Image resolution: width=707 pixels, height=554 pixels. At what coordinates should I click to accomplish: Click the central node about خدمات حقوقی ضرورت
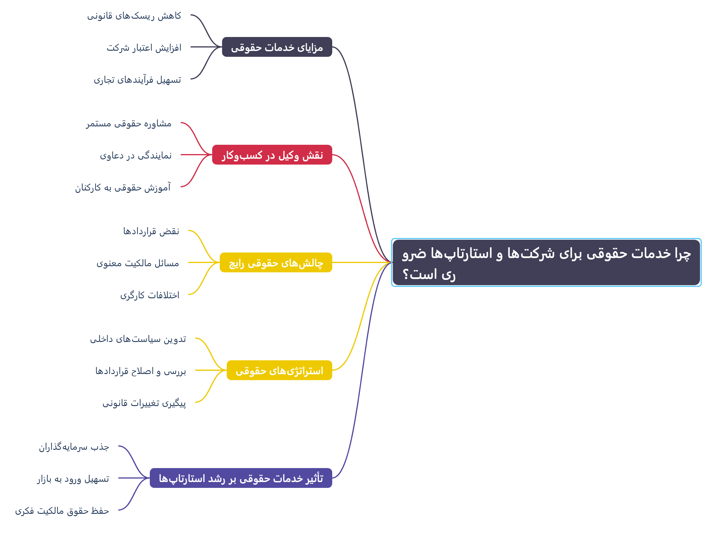pyautogui.click(x=546, y=262)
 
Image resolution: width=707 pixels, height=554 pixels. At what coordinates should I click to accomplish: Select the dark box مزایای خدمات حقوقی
pyautogui.click(x=277, y=47)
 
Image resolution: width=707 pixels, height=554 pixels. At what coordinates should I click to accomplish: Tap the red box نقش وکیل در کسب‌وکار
pyautogui.click(x=272, y=155)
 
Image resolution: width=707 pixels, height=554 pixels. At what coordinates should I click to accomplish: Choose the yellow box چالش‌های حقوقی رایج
pyautogui.click(x=276, y=262)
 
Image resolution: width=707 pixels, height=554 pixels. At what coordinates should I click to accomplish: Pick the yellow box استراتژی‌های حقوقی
pyautogui.click(x=279, y=370)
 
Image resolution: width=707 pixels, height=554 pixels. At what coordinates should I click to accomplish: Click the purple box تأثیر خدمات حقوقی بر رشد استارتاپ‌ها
pyautogui.click(x=241, y=478)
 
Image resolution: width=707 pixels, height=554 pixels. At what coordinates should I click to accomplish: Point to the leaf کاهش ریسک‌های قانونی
pyautogui.click(x=134, y=15)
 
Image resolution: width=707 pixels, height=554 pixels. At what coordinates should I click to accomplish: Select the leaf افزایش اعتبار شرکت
pyautogui.click(x=144, y=48)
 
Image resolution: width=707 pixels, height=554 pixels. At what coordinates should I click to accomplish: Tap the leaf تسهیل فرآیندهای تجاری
pyautogui.click(x=138, y=80)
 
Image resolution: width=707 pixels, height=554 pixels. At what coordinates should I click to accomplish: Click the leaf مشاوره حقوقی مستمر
pyautogui.click(x=129, y=123)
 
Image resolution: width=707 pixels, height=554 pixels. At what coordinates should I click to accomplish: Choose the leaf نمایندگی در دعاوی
pyautogui.click(x=136, y=155)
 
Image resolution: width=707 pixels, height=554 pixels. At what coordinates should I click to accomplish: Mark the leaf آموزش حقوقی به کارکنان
pyautogui.click(x=123, y=187)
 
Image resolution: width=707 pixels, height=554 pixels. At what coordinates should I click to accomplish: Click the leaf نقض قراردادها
pyautogui.click(x=151, y=231)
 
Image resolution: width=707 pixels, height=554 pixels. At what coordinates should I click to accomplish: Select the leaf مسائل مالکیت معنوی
pyautogui.click(x=138, y=263)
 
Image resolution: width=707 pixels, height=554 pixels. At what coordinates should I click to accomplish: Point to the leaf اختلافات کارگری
pyautogui.click(x=150, y=295)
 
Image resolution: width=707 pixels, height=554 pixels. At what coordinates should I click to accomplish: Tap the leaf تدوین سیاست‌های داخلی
pyautogui.click(x=138, y=339)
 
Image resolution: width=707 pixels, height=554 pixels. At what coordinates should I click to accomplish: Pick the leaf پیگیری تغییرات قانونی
pyautogui.click(x=144, y=403)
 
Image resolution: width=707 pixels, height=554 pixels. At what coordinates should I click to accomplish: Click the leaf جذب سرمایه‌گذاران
pyautogui.click(x=74, y=447)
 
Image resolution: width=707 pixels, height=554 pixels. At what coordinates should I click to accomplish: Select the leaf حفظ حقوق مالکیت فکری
pyautogui.click(x=62, y=511)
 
